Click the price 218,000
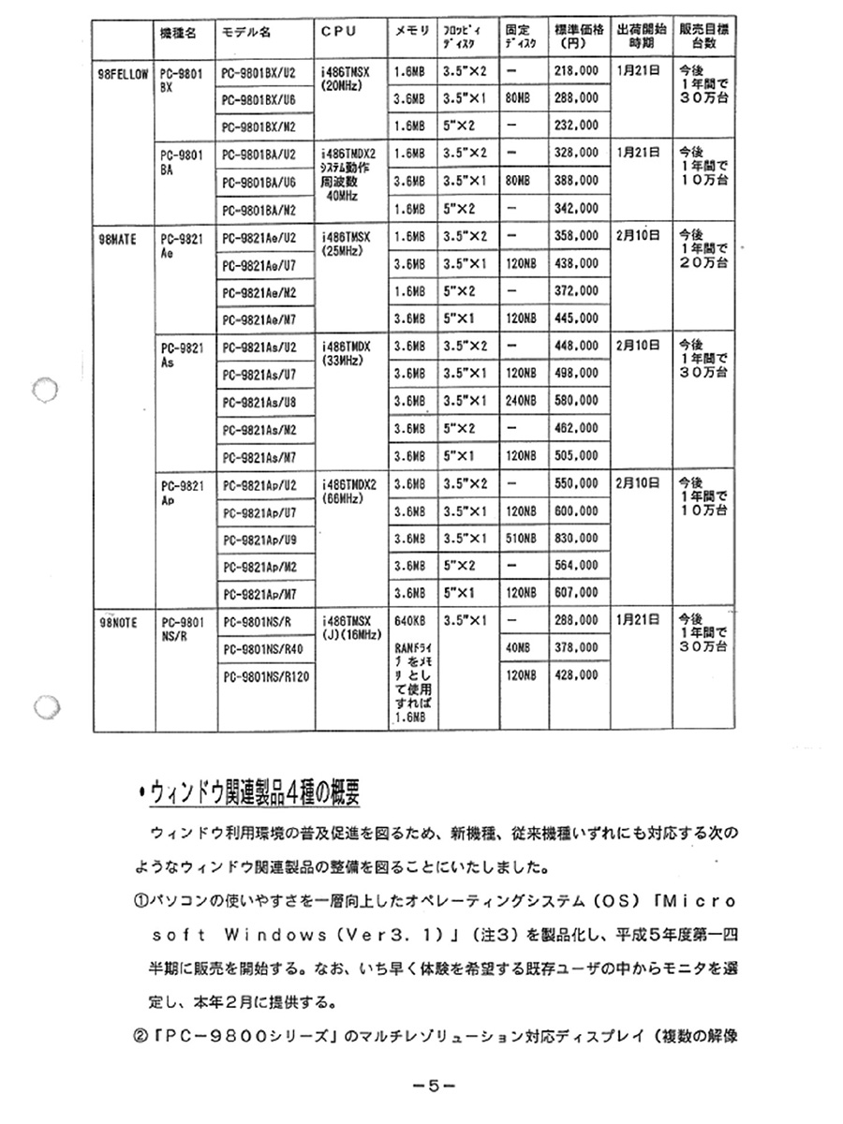(576, 71)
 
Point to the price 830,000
(576, 539)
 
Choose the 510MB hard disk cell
(521, 539)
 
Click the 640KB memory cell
(412, 620)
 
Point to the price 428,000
(576, 674)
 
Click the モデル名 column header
(245, 31)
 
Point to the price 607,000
(576, 592)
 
